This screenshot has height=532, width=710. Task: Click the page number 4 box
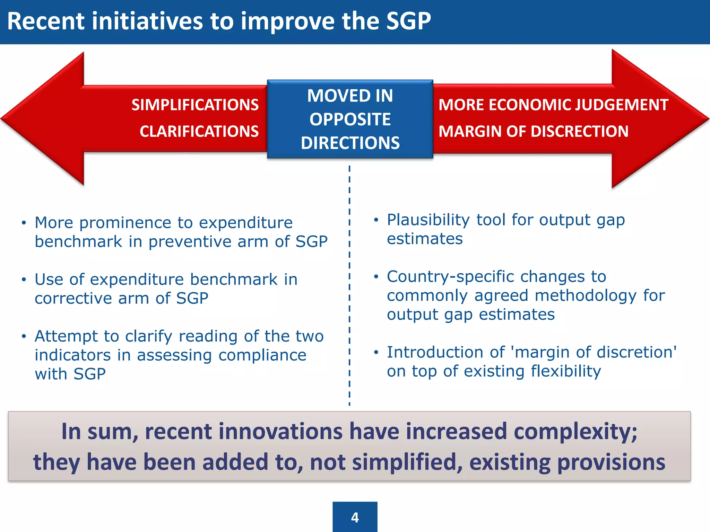(x=355, y=517)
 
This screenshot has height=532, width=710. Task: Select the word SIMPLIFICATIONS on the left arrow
(x=195, y=105)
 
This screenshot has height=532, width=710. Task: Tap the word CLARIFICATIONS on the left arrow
(x=199, y=132)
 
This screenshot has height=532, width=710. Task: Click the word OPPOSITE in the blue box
(x=350, y=119)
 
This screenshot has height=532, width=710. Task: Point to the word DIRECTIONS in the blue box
(x=350, y=143)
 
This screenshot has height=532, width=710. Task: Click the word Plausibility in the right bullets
(x=428, y=220)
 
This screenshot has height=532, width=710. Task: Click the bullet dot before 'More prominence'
(x=24, y=223)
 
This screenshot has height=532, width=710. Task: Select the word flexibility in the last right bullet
(x=566, y=371)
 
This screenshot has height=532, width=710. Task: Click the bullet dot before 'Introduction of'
(x=376, y=353)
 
